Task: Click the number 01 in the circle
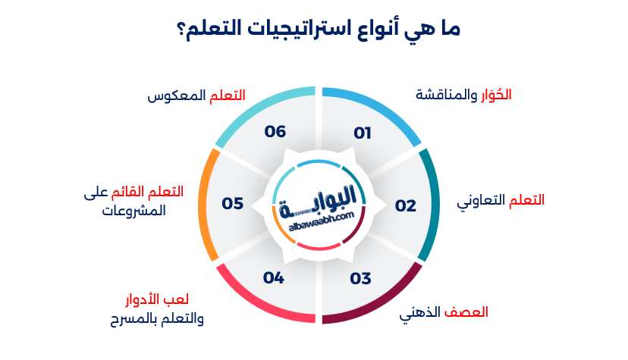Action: (x=363, y=133)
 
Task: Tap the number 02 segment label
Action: (x=406, y=205)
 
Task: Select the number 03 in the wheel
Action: (x=361, y=278)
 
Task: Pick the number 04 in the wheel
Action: (x=274, y=278)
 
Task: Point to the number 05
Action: (x=232, y=204)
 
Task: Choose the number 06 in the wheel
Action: (x=275, y=132)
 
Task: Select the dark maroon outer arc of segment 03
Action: (x=379, y=303)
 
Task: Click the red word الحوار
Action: (x=498, y=95)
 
